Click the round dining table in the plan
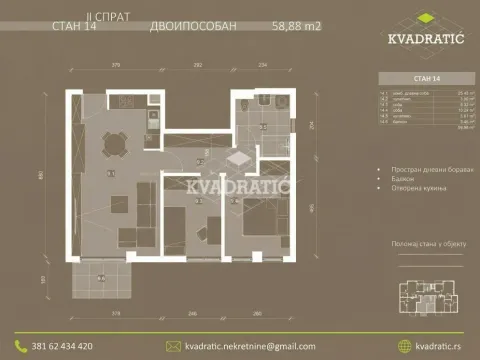pos(111,148)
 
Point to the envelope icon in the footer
pos(173,346)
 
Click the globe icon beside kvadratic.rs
pos(405,346)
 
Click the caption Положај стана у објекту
pos(418,242)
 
